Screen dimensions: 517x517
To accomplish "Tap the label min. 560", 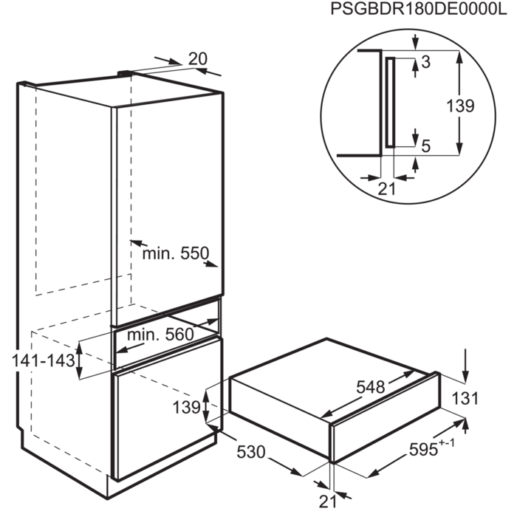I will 160,335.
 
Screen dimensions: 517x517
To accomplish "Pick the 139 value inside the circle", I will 460,106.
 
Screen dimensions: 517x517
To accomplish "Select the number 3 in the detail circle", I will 426,62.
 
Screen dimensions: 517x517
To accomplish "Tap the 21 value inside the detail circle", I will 386,188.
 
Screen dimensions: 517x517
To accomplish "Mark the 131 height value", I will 465,399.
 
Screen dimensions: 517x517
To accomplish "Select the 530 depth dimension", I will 251,452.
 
